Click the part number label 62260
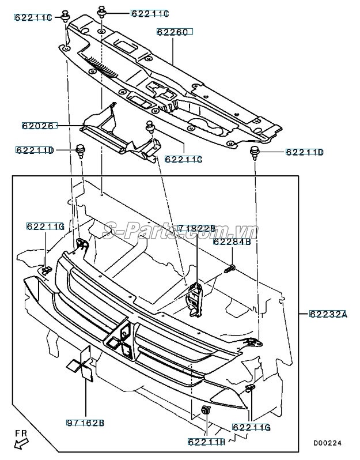pos(175,32)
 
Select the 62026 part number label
pos(39,126)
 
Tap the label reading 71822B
pos(196,228)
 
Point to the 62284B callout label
pos(232,242)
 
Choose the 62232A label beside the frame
pos(328,314)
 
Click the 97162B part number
pos(85,423)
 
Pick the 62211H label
pos(206,442)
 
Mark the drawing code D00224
pos(328,443)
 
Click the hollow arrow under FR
pos(21,443)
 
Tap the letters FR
pos(21,433)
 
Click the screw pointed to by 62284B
pos(230,269)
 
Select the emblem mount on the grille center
pos(120,340)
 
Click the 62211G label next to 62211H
pos(251,427)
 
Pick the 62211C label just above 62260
pos(150,13)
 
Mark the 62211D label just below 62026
pos(35,150)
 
